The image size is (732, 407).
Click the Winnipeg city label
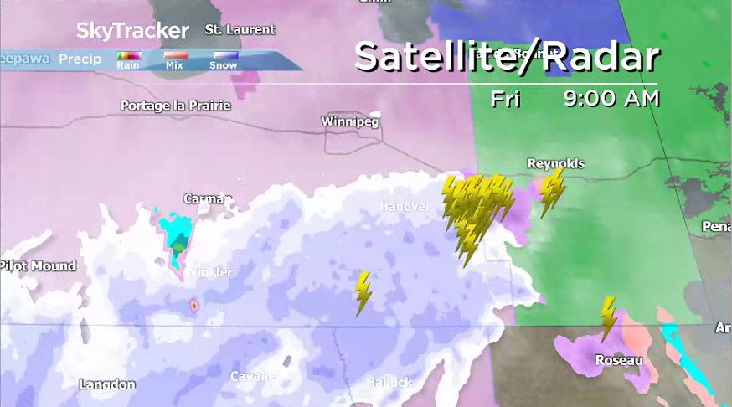click(350, 122)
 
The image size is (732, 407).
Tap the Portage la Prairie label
click(175, 106)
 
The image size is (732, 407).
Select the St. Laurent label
click(240, 30)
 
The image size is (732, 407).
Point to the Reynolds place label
click(555, 163)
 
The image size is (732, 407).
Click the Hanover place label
click(405, 206)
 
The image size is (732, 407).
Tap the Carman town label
click(207, 199)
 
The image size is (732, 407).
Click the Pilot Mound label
click(38, 266)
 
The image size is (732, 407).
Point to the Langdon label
click(107, 384)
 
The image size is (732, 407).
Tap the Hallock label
click(389, 382)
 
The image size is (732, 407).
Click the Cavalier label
click(253, 376)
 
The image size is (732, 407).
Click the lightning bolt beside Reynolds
click(551, 191)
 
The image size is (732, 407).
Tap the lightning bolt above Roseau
click(608, 318)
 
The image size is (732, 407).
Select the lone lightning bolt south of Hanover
click(363, 292)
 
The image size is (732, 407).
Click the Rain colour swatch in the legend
click(128, 56)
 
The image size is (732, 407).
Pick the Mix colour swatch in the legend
click(175, 56)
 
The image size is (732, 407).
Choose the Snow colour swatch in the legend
click(223, 56)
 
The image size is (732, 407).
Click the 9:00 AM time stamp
click(611, 99)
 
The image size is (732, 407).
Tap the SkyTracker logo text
click(132, 31)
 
